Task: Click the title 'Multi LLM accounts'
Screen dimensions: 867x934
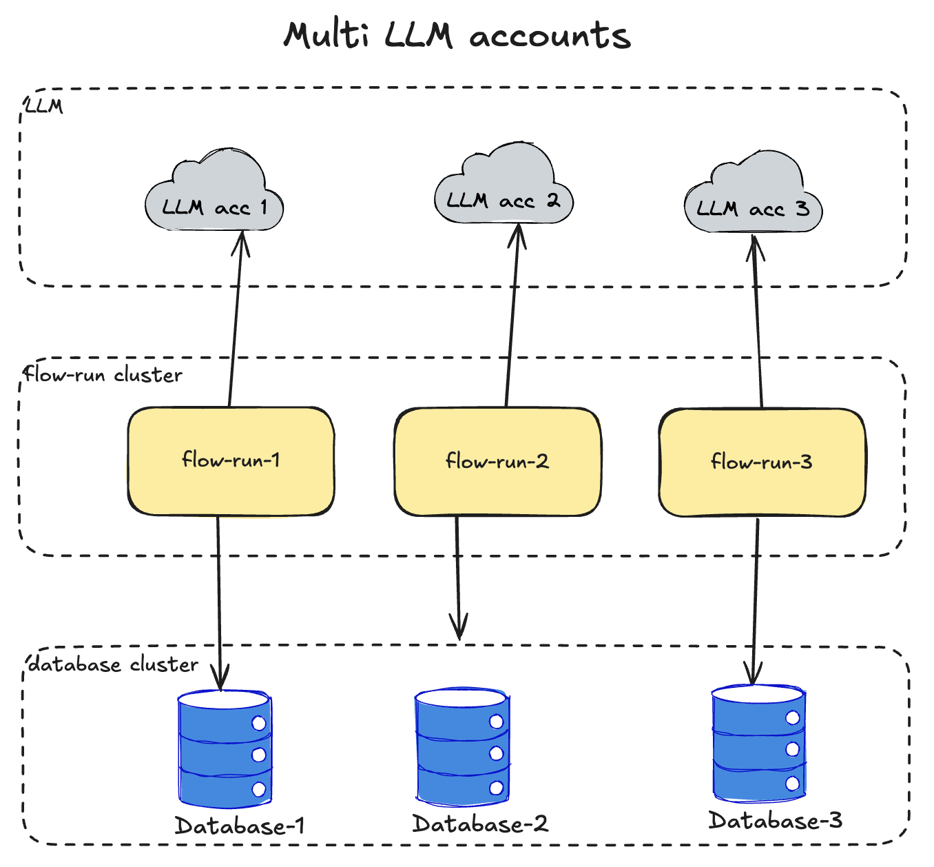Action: pyautogui.click(x=457, y=35)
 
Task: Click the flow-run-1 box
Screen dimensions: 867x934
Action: pyautogui.click(x=231, y=460)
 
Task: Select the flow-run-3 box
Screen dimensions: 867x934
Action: pyautogui.click(x=762, y=462)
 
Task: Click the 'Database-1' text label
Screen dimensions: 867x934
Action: pyautogui.click(x=239, y=826)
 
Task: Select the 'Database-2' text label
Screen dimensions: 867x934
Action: pyautogui.click(x=480, y=824)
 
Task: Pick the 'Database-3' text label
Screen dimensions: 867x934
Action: pyautogui.click(x=775, y=821)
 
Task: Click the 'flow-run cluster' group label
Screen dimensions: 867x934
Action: pyautogui.click(x=103, y=375)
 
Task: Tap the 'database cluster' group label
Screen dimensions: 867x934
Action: pyautogui.click(x=113, y=664)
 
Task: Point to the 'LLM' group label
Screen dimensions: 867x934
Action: pyautogui.click(x=43, y=106)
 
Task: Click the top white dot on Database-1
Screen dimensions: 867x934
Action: pyautogui.click(x=259, y=724)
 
